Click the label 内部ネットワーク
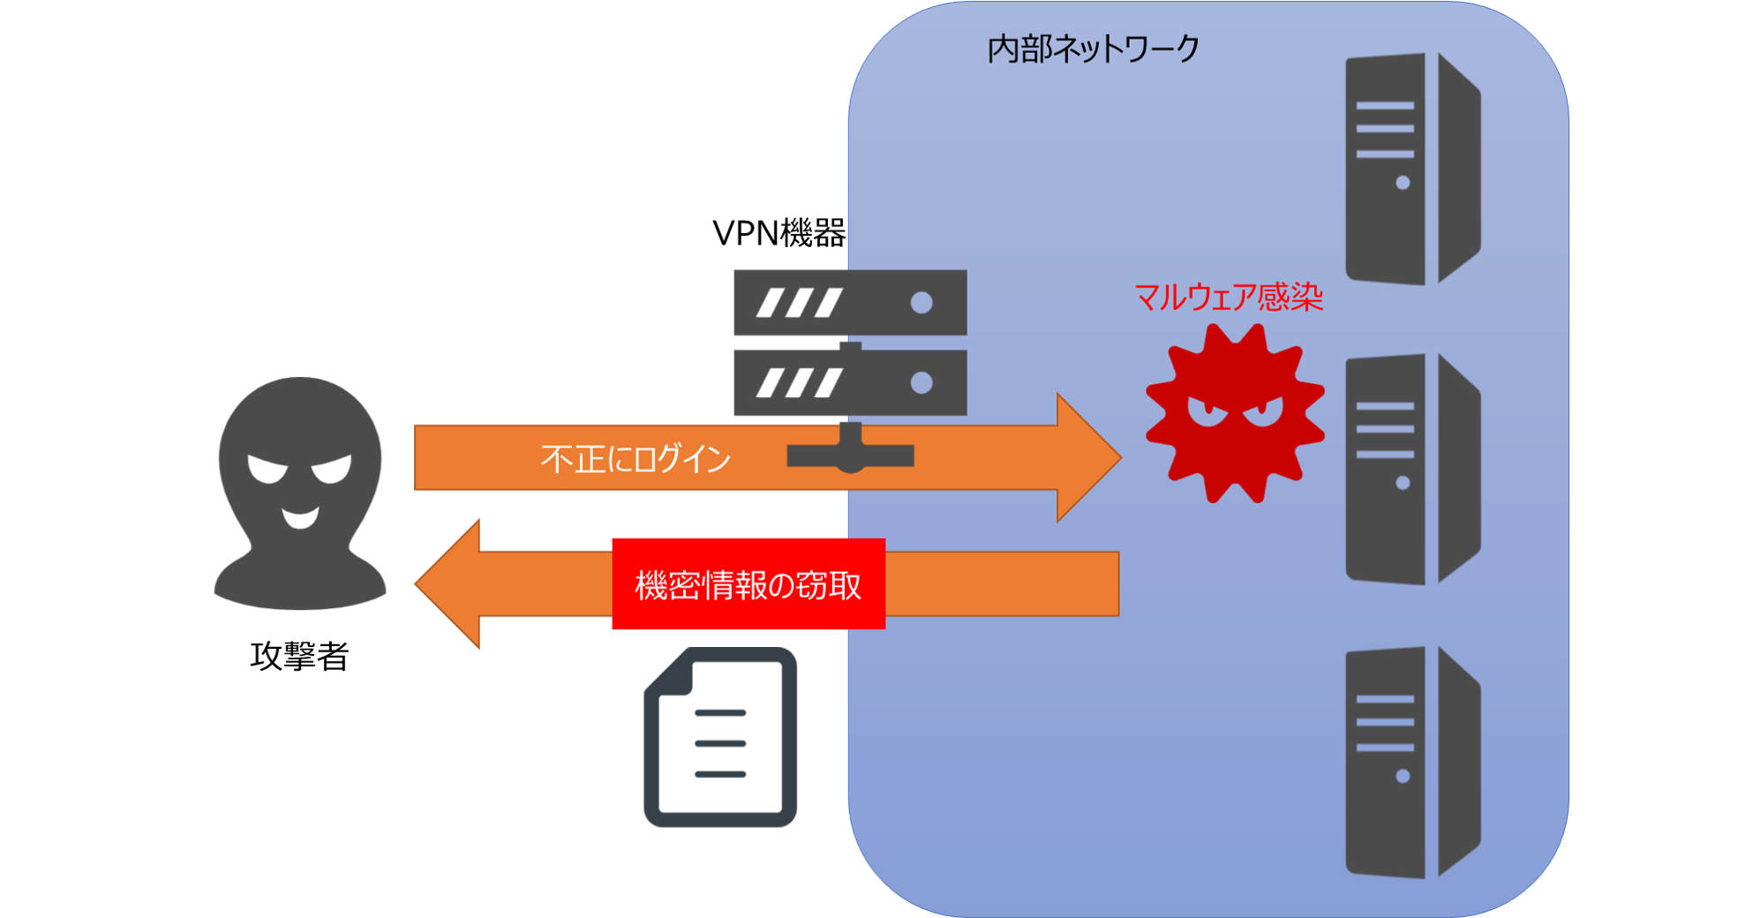(x=1093, y=49)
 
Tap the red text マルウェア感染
(x=1228, y=297)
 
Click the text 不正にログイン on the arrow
(x=636, y=459)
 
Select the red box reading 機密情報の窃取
(x=748, y=584)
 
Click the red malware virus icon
(x=1234, y=414)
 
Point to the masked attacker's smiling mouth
(x=300, y=517)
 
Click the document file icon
(x=720, y=737)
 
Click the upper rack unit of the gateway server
(x=849, y=303)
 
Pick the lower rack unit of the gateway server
(x=849, y=383)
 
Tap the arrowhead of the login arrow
(x=1087, y=457)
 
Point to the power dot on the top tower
(x=1403, y=183)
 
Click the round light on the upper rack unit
(x=922, y=303)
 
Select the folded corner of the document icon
(x=670, y=674)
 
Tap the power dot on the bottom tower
(x=1403, y=776)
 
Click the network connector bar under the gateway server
(x=850, y=455)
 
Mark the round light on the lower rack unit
(x=922, y=382)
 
